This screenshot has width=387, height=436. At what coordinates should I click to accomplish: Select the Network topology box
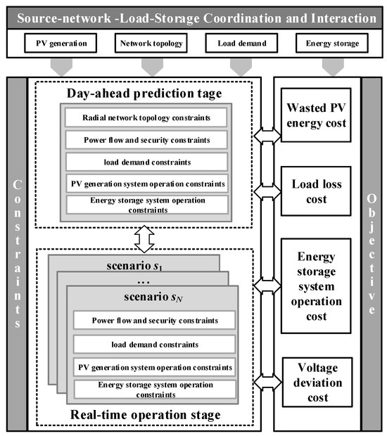point(152,44)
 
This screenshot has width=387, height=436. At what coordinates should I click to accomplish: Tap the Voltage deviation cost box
point(319,380)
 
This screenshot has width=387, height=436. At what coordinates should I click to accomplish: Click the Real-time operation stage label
point(144,415)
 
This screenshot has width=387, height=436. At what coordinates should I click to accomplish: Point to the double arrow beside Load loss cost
point(267,191)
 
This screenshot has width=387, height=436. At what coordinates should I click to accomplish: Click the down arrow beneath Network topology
point(152,68)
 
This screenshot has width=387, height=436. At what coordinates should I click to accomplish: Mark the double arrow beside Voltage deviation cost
point(267,382)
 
